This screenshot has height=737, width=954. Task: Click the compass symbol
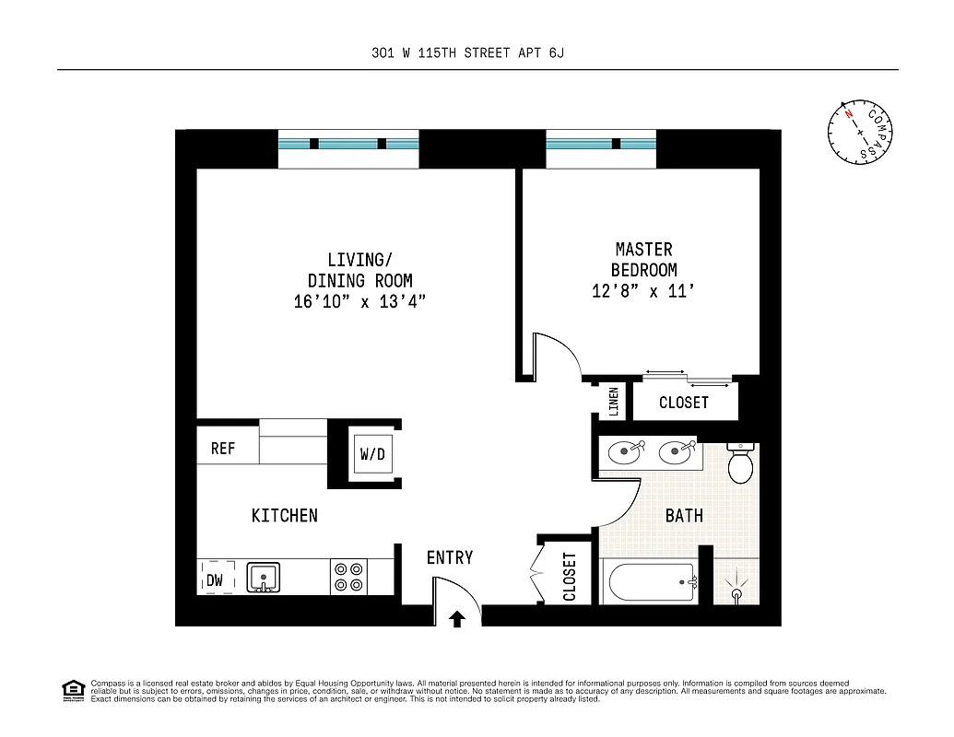tap(860, 132)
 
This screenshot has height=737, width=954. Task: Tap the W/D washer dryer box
tap(372, 453)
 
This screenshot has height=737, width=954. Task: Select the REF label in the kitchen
tap(223, 449)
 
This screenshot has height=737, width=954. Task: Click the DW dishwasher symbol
tap(216, 579)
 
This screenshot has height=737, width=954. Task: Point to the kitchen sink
tap(264, 578)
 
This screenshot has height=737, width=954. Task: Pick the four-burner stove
tap(348, 578)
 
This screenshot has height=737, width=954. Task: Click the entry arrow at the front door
tap(457, 617)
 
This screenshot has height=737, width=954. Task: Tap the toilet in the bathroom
tap(741, 464)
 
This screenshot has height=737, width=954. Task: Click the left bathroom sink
tap(627, 450)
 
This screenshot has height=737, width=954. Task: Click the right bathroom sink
tap(677, 450)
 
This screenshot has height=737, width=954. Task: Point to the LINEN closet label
tap(613, 402)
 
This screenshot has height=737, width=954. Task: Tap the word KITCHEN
tap(285, 516)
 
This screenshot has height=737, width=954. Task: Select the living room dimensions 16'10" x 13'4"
tap(359, 302)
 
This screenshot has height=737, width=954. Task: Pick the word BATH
tap(684, 516)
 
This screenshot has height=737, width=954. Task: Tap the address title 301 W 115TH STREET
tap(461, 53)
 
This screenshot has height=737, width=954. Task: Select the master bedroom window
tap(601, 145)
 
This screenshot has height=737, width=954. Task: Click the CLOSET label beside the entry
tap(570, 577)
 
